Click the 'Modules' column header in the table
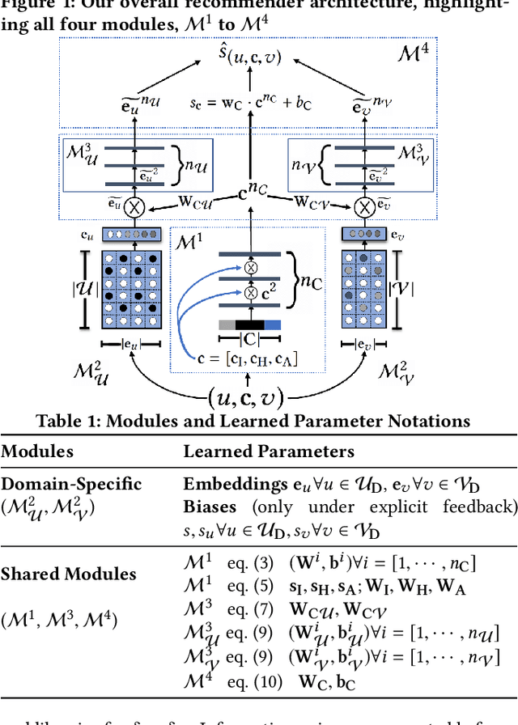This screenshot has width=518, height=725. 37,452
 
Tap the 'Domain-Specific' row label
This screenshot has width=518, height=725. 71,484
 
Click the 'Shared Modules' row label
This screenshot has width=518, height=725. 68,574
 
